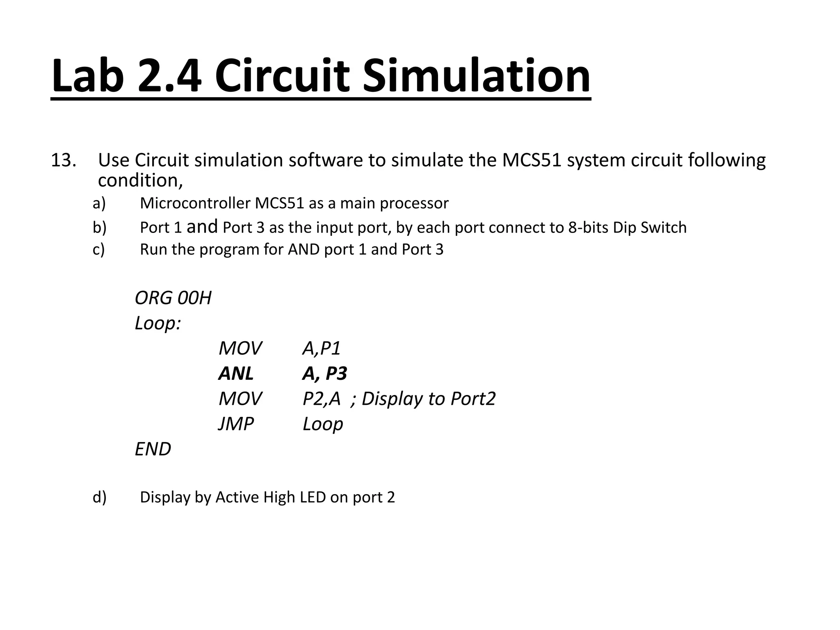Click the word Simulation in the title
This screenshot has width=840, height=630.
pos(476,76)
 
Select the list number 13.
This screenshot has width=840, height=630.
pos(63,160)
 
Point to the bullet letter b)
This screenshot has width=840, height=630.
pos(99,228)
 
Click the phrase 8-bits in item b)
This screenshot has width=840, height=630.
pos(588,228)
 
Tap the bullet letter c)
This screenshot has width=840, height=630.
pos(99,250)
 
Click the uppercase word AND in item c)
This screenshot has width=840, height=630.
pos(304,250)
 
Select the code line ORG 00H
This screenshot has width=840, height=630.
pos(173,298)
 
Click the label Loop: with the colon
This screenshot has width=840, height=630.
pos(157,324)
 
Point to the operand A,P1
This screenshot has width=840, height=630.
pos(322,349)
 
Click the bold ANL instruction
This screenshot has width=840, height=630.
pos(236,374)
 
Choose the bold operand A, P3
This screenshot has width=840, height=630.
pos(324,374)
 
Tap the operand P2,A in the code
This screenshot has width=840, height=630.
pos(322,399)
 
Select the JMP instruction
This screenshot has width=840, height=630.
pos(236,424)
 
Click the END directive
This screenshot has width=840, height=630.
pos(153,450)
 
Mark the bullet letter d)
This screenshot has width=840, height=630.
pos(99,498)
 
